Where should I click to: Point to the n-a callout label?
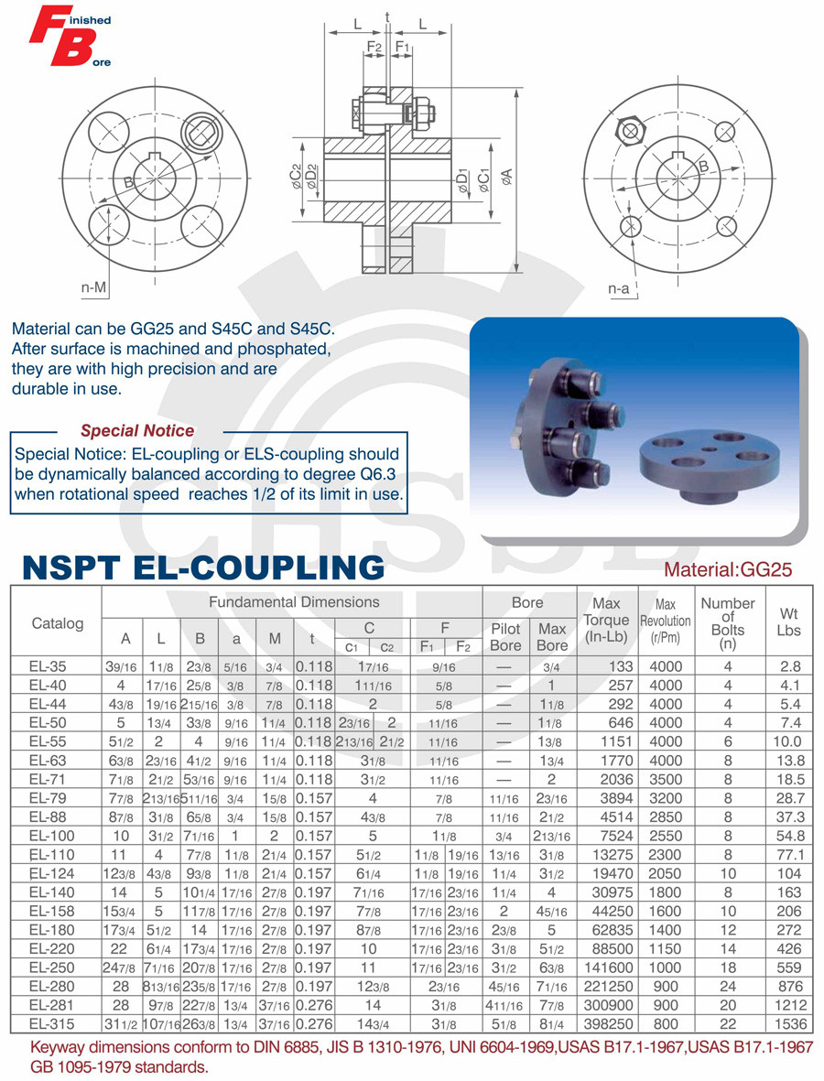(x=619, y=289)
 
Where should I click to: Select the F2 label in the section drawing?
(x=374, y=47)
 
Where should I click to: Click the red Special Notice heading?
(x=137, y=430)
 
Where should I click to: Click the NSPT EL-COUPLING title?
(x=203, y=567)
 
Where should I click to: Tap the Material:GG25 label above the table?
(x=728, y=570)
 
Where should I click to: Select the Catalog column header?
(x=57, y=623)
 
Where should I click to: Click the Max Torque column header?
(x=605, y=620)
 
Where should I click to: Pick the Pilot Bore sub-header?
(x=505, y=636)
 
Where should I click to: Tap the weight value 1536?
(x=788, y=1023)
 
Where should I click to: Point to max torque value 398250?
(x=607, y=1023)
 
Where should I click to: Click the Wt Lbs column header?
(x=788, y=622)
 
